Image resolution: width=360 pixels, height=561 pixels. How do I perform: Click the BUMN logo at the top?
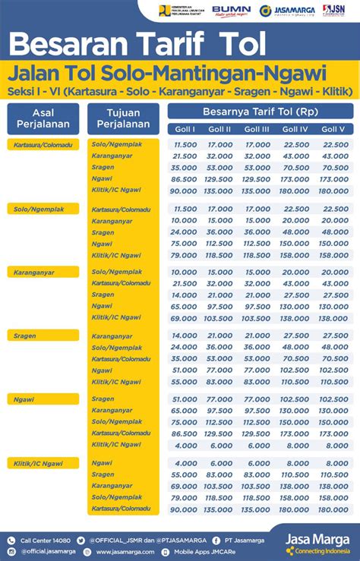tap(231, 11)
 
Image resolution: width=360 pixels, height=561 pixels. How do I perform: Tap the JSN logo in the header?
tap(333, 11)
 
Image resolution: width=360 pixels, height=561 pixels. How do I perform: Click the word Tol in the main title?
tap(240, 45)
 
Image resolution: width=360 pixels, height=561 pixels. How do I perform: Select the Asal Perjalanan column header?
tap(43, 118)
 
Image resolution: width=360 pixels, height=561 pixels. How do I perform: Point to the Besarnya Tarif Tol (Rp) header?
tap(260, 111)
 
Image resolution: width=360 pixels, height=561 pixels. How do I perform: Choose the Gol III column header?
tap(257, 129)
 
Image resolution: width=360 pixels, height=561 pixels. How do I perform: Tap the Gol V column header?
tap(333, 129)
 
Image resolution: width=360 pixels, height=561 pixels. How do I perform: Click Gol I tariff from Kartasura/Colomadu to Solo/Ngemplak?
tap(185, 144)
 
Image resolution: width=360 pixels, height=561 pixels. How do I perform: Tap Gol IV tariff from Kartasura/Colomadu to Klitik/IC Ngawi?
tap(295, 191)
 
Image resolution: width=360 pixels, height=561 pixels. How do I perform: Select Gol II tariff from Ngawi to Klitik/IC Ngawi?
tap(221, 446)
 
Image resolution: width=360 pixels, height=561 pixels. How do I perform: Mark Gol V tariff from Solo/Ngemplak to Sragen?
tap(335, 232)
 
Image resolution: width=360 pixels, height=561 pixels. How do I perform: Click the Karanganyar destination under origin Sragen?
tap(112, 336)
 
